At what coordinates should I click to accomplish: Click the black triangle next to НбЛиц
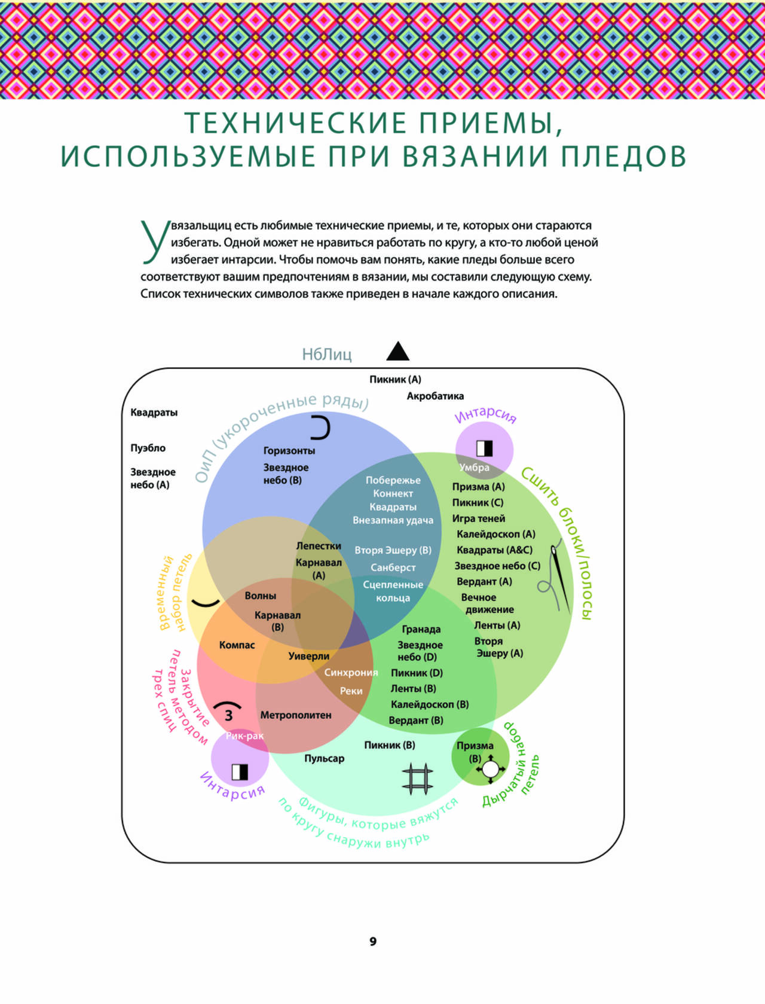397,351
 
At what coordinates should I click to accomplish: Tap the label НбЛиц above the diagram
327,355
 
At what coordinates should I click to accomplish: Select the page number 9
373,941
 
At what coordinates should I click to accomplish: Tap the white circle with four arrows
490,769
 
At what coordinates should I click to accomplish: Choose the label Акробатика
435,396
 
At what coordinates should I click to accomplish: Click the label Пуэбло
148,448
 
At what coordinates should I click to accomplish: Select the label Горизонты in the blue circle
289,450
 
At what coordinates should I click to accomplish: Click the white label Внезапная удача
393,520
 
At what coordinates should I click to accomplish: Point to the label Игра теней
479,518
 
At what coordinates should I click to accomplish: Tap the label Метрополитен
296,715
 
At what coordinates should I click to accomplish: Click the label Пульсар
325,758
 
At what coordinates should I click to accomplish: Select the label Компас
237,645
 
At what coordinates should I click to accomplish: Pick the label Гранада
421,630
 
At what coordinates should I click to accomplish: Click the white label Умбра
474,468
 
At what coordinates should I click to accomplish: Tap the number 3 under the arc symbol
228,715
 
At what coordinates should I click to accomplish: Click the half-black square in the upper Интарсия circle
485,448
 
